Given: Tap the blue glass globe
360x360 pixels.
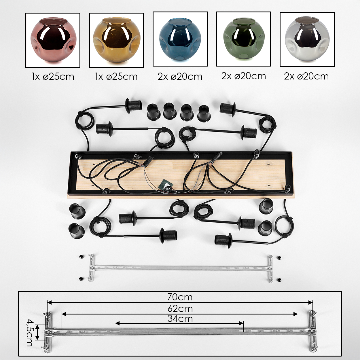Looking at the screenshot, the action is click(x=180, y=40).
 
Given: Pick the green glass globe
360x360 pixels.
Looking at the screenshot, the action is click(x=243, y=39).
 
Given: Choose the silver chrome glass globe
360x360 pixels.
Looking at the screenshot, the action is click(x=307, y=40).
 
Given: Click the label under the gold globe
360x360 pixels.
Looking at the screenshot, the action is click(x=116, y=77).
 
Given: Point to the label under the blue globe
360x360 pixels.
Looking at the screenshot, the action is click(x=180, y=77).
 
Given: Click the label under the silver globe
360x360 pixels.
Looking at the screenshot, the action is click(x=306, y=76).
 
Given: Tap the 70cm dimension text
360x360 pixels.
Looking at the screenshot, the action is click(x=180, y=297).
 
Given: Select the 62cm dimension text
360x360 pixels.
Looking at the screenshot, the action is click(x=180, y=309).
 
